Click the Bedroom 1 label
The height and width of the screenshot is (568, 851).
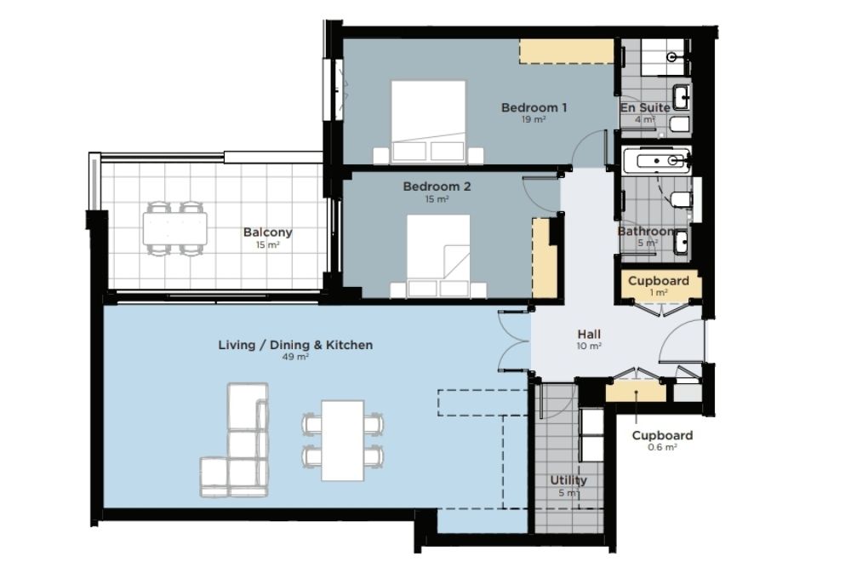[x=534, y=107]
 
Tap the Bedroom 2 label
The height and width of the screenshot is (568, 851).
[x=437, y=186]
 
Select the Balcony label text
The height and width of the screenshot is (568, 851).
[x=267, y=232]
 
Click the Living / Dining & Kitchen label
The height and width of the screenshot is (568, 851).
[x=295, y=345]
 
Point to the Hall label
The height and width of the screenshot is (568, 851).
[x=589, y=334]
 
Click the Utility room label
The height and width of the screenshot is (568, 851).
[x=568, y=480]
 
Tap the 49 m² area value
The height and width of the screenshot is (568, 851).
[x=295, y=357]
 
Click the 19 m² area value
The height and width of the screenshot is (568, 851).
[x=534, y=119]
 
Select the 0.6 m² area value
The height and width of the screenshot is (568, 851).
[x=662, y=447]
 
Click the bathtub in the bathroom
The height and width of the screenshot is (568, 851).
[x=656, y=160]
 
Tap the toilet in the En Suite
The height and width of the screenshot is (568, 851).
[x=679, y=125]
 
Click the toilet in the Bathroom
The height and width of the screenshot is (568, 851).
[x=681, y=200]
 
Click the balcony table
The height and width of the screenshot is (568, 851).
[x=175, y=228]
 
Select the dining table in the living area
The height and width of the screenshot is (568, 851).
[x=342, y=440]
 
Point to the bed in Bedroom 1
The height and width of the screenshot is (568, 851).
[x=428, y=122]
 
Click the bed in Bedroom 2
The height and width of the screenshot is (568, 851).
[x=438, y=256]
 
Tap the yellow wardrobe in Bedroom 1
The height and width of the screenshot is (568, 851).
[x=567, y=51]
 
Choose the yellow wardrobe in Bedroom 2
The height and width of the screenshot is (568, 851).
[x=545, y=258]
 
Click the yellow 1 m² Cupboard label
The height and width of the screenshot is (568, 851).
[x=659, y=281]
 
